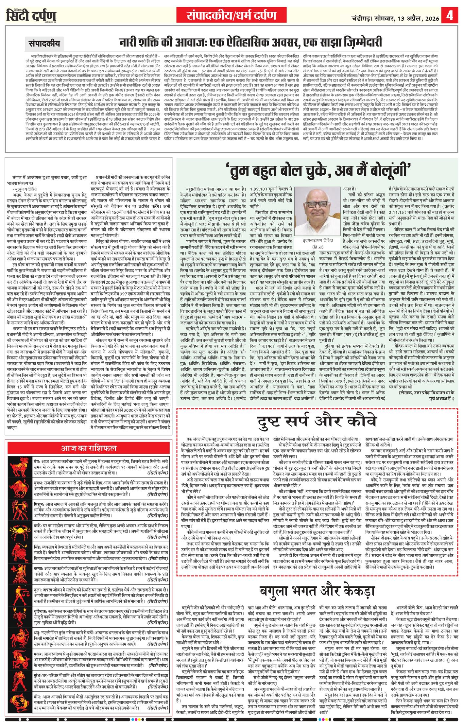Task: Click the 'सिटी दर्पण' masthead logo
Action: [x=32, y=16]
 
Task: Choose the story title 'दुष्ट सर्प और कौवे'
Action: [x=319, y=421]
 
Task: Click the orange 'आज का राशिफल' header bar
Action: [x=88, y=447]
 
